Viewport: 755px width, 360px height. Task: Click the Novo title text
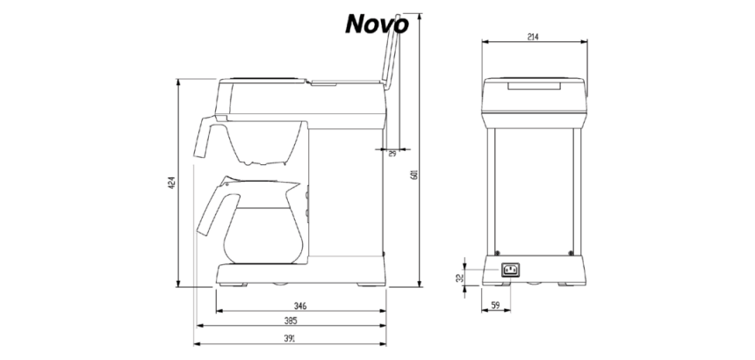[x=376, y=25]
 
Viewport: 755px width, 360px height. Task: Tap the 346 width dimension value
[x=299, y=306]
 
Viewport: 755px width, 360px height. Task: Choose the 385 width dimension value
[x=289, y=321]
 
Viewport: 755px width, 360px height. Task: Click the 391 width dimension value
[x=289, y=338]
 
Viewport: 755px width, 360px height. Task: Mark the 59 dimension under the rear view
[x=494, y=306]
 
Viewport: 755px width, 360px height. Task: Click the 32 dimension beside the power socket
[x=460, y=277]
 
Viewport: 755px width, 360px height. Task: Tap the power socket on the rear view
[x=510, y=270]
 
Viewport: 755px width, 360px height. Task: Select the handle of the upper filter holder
[x=205, y=136]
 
